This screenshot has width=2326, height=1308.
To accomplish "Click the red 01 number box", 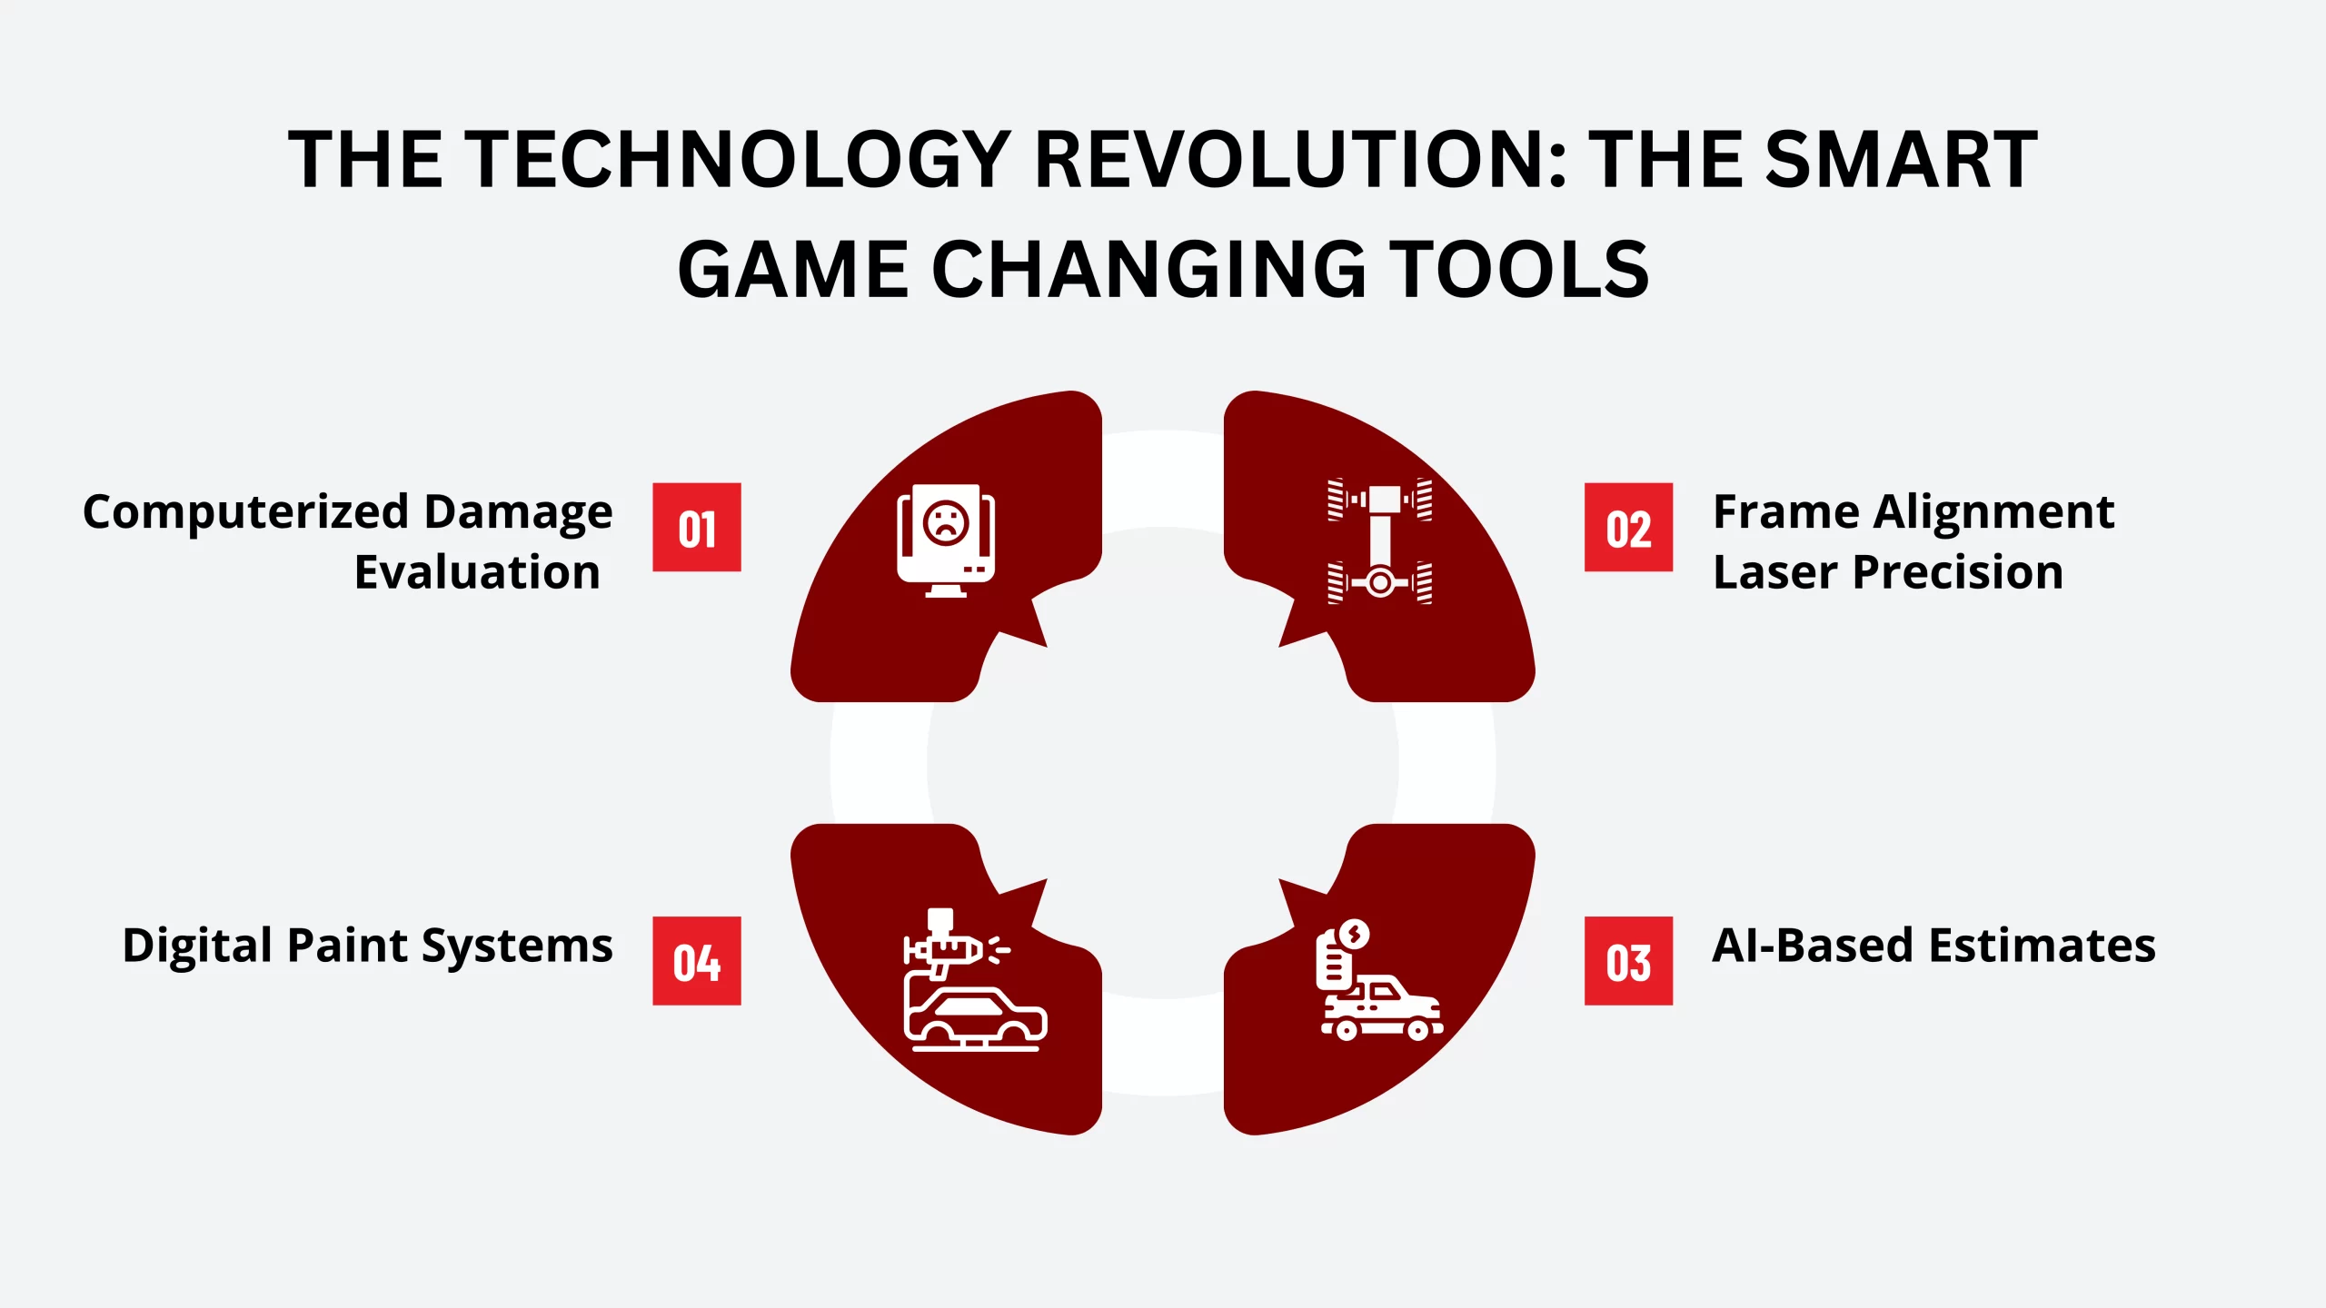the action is (x=697, y=527).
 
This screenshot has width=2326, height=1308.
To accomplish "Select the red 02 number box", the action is (x=1628, y=527).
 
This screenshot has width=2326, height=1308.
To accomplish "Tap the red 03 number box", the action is (x=1628, y=961).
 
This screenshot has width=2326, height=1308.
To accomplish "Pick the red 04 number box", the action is (x=697, y=961).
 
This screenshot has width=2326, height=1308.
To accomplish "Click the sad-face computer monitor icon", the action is (x=946, y=540).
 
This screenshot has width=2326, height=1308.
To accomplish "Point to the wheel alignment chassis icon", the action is (x=1379, y=540).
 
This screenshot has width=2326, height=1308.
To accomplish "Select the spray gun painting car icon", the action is (x=975, y=979).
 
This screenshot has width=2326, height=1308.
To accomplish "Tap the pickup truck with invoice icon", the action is (x=1381, y=979).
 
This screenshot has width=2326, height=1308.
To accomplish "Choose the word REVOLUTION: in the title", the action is (x=1301, y=160).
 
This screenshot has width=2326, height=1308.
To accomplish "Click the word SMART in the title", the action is (x=1901, y=160).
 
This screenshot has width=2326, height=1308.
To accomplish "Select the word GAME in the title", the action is (x=793, y=270).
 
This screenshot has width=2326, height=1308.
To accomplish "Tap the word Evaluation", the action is (x=477, y=572).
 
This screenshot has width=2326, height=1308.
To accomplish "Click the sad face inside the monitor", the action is (x=946, y=523).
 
